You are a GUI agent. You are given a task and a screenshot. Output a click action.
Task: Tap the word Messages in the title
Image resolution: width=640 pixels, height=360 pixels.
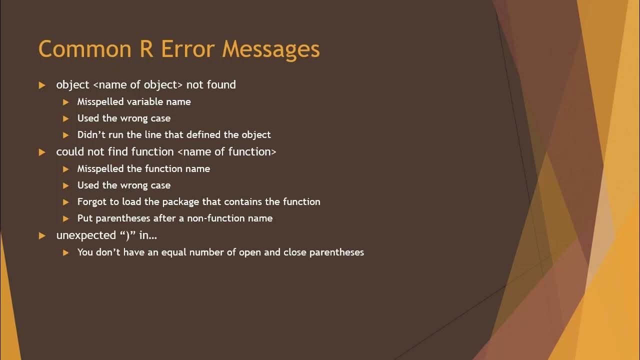click(271, 49)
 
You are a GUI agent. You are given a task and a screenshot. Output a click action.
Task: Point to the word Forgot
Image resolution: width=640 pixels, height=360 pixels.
click(91, 201)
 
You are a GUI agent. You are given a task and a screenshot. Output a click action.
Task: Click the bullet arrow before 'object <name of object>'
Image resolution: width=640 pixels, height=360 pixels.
click(42, 85)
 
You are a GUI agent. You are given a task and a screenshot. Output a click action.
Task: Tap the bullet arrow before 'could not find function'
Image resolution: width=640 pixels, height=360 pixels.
click(42, 152)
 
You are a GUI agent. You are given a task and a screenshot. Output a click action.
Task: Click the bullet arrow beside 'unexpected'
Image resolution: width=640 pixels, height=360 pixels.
click(42, 235)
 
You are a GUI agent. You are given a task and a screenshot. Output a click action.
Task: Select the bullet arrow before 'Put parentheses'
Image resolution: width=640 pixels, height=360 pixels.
click(66, 218)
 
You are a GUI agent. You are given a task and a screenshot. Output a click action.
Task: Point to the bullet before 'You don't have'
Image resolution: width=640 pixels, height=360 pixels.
click(66, 252)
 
